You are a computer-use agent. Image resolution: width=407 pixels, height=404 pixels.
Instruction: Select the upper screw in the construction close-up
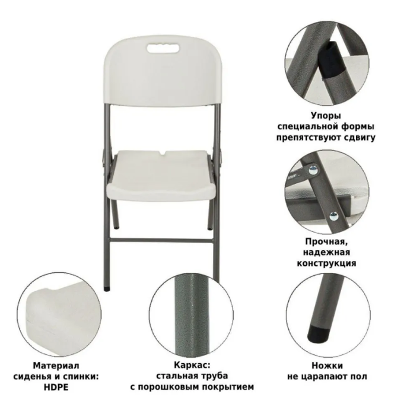(x=313, y=170)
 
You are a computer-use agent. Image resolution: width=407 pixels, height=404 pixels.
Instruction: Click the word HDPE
(x=56, y=387)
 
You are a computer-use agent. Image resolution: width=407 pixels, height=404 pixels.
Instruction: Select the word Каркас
(x=192, y=365)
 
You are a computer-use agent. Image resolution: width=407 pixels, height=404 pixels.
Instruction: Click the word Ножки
(x=327, y=365)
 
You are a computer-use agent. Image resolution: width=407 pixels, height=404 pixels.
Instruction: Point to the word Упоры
(x=326, y=116)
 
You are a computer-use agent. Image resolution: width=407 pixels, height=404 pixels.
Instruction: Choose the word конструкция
(x=326, y=263)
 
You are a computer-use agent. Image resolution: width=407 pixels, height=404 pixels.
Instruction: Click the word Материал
(x=56, y=365)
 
